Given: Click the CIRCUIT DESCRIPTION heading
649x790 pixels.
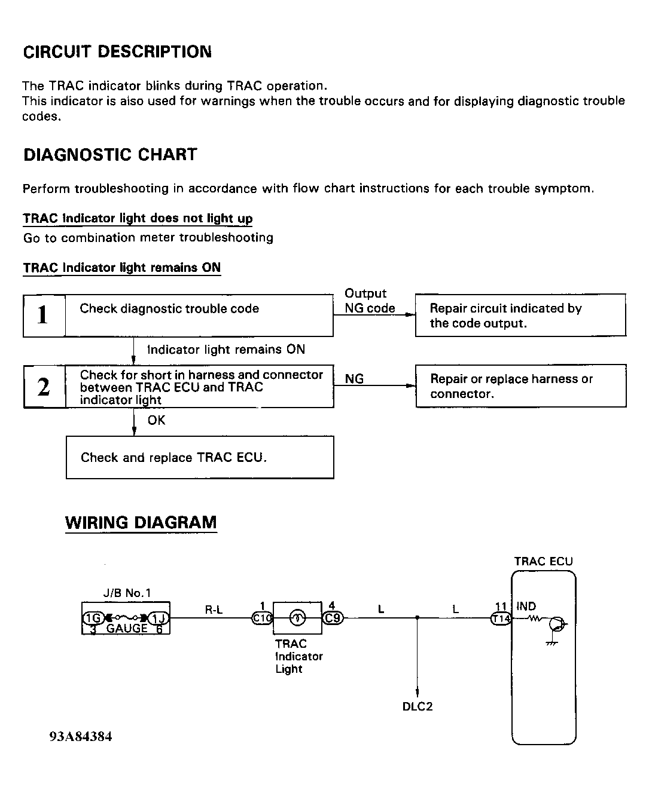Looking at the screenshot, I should [x=117, y=52].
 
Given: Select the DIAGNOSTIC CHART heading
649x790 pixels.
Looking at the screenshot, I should [x=110, y=155].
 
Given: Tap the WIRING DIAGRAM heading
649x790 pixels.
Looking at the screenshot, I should [x=141, y=523].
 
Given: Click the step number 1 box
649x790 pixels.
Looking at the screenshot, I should [x=43, y=315].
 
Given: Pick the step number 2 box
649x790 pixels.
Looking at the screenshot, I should [x=44, y=387].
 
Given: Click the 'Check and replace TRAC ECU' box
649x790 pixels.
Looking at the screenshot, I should [x=199, y=458].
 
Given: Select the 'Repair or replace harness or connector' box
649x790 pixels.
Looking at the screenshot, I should [x=520, y=386].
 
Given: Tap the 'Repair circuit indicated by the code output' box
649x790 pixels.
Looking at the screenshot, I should [x=520, y=315].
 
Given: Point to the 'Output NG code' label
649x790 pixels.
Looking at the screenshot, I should [x=369, y=301].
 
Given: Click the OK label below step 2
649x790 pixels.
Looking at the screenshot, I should [x=156, y=421].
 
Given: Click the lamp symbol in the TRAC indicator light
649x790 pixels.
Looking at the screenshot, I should [x=297, y=618].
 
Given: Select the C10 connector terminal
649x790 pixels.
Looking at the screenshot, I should [x=262, y=618].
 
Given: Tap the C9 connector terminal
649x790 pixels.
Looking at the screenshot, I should [x=333, y=618].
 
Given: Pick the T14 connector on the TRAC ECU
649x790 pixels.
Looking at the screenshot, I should [x=500, y=619].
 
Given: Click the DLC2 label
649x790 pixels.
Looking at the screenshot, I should [x=417, y=706].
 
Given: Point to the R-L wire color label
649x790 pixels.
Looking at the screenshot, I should [x=214, y=610].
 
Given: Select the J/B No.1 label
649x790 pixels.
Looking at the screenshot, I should [x=127, y=593].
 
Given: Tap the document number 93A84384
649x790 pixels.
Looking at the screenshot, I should [x=81, y=736].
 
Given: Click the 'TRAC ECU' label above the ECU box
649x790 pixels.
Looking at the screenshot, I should [x=543, y=562].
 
